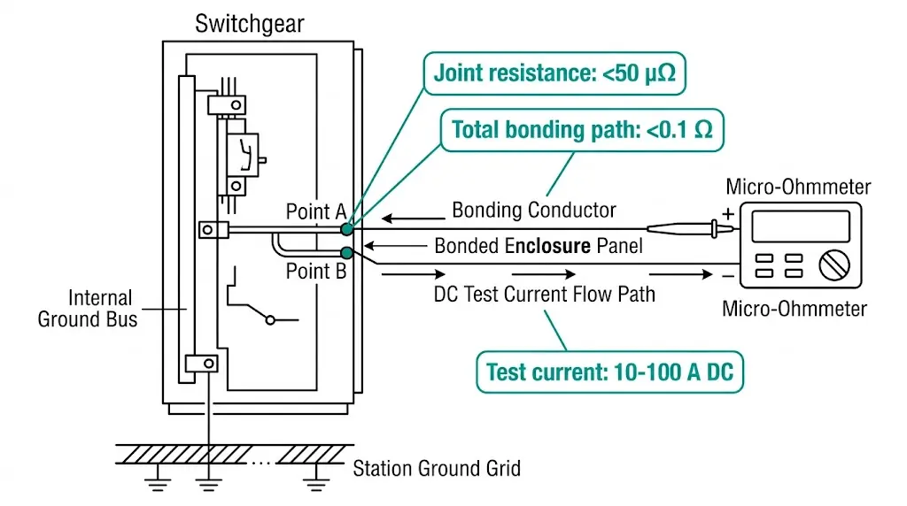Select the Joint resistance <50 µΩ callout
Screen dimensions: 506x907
554,73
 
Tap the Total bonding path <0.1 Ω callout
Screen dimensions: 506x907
582,130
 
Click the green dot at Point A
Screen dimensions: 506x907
346,229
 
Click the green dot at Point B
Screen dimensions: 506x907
346,254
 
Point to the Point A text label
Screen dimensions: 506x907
315,211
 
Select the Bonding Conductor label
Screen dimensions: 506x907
533,211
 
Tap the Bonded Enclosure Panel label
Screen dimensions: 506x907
539,245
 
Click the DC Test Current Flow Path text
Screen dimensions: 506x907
545,294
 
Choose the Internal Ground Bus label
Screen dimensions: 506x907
88,308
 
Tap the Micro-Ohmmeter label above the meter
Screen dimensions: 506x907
798,187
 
